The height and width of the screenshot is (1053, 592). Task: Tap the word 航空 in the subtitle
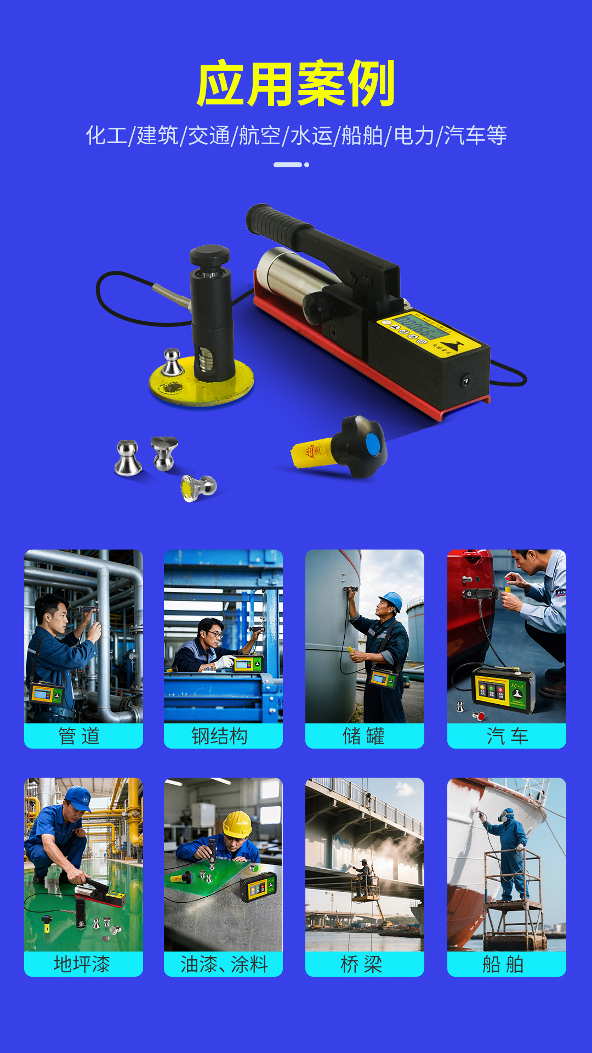pos(259,135)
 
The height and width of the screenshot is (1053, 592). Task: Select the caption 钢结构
pos(220,736)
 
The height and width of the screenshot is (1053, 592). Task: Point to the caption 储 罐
pos(364,736)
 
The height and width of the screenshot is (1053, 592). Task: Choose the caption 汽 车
pos(507,736)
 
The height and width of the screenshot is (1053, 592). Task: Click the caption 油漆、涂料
pos(224,964)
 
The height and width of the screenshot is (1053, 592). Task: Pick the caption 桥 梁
pos(362,964)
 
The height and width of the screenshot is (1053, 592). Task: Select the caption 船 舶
pos(503,964)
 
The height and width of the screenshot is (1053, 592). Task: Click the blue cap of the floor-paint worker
pos(79,798)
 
